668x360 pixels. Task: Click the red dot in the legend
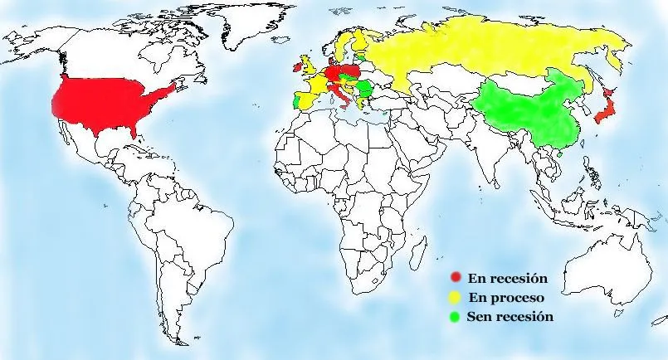click(x=455, y=277)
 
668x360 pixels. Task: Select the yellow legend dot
click(x=455, y=297)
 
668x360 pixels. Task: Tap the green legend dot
click(x=455, y=316)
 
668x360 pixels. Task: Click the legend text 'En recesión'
click(x=508, y=277)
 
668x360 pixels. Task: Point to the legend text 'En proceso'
click(x=506, y=297)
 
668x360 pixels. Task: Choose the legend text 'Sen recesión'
click(x=510, y=316)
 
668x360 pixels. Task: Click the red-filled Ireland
click(x=296, y=65)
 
